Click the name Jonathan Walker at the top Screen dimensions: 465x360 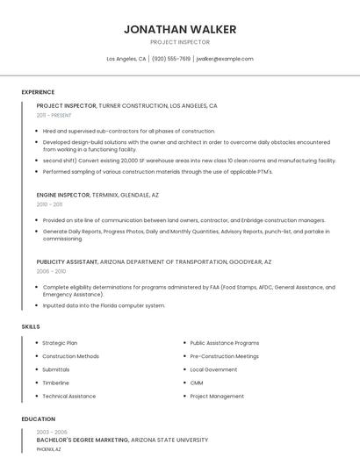tap(180, 29)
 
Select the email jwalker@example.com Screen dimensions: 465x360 tap(225, 59)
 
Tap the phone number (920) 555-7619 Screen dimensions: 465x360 tap(171, 59)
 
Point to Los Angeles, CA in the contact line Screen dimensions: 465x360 tap(126, 59)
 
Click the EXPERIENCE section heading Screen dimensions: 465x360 tap(38, 92)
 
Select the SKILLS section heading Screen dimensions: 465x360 tap(31, 326)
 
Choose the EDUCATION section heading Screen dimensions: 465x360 tap(39, 419)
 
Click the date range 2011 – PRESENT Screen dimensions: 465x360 tap(54, 115)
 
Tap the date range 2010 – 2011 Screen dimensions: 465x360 tap(49, 204)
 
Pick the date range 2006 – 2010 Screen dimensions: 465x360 tap(51, 271)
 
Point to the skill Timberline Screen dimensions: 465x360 tap(55, 383)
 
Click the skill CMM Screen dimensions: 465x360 tap(197, 383)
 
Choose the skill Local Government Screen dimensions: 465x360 tap(213, 369)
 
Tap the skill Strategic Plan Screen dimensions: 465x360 tap(60, 343)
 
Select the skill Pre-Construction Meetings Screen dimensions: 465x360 tap(224, 356)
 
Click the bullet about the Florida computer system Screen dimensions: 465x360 tap(104, 305)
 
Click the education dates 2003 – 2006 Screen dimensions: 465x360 tap(52, 432)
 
